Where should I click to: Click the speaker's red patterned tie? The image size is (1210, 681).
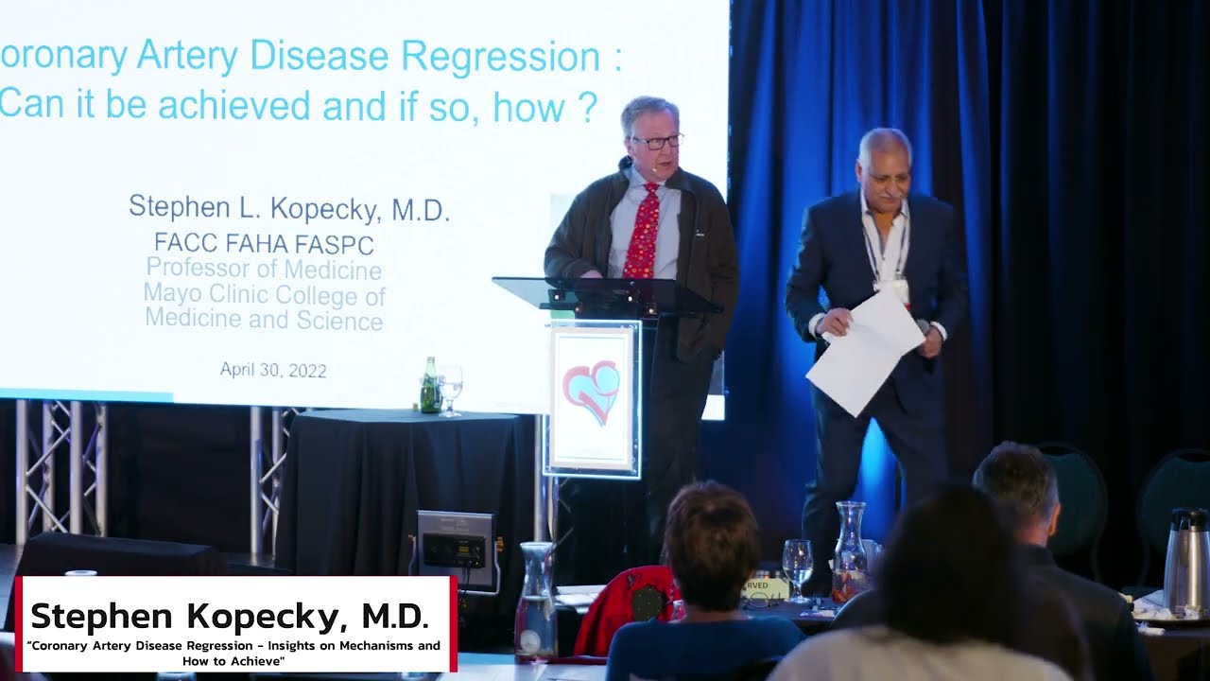tap(642, 233)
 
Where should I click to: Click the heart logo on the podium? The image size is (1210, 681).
tap(592, 391)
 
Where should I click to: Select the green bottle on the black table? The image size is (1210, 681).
tap(429, 388)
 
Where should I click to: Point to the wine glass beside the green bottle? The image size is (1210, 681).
tap(450, 388)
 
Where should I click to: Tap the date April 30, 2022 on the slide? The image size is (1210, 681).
tap(273, 370)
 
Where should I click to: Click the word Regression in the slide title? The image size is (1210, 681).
tap(500, 57)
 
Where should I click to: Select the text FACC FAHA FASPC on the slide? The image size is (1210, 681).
tap(264, 244)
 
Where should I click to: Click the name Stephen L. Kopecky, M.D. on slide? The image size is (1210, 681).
tap(288, 209)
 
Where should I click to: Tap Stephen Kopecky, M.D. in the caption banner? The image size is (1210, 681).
tap(230, 617)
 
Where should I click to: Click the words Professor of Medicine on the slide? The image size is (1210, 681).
tap(264, 270)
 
